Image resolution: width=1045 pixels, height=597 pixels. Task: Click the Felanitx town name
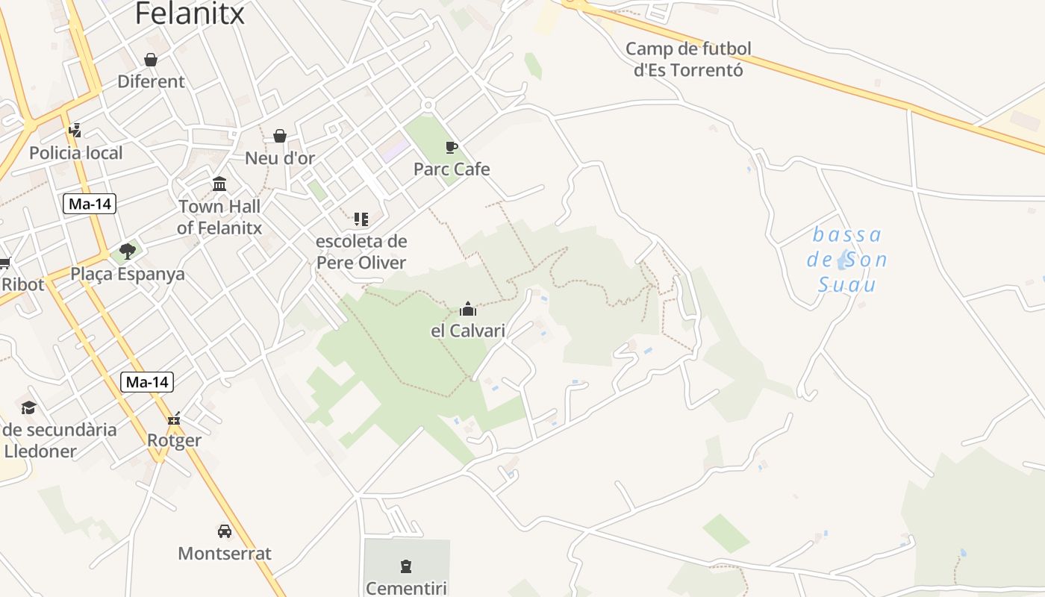(x=190, y=13)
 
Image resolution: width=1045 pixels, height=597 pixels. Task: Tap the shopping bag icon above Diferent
(x=151, y=60)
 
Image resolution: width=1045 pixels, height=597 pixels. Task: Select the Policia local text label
(x=76, y=153)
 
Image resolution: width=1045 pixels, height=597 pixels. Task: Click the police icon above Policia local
(x=75, y=131)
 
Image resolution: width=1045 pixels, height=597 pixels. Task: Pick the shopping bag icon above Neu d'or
(x=280, y=136)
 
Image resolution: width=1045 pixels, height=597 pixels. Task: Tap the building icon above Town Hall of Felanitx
(x=219, y=184)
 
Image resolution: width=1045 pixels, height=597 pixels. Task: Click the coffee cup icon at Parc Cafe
(x=451, y=147)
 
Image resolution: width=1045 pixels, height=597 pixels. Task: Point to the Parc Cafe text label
(x=452, y=169)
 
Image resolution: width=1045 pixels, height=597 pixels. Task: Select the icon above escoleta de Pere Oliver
(x=361, y=219)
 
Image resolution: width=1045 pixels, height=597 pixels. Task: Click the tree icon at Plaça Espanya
(x=128, y=251)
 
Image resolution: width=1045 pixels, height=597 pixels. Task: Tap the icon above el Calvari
(x=468, y=309)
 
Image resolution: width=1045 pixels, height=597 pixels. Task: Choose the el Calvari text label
(x=468, y=331)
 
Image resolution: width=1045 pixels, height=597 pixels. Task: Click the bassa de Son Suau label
(x=847, y=260)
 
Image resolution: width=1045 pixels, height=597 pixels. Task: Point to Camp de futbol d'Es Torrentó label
(x=688, y=60)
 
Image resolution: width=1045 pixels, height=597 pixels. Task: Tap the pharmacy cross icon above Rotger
(x=174, y=419)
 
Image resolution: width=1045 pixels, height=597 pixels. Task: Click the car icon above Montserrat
(x=225, y=531)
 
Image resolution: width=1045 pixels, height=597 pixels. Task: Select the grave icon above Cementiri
(x=406, y=566)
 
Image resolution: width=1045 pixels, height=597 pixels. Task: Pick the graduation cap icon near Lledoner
(x=28, y=407)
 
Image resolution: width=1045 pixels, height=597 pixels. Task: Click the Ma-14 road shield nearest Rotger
(x=147, y=383)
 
